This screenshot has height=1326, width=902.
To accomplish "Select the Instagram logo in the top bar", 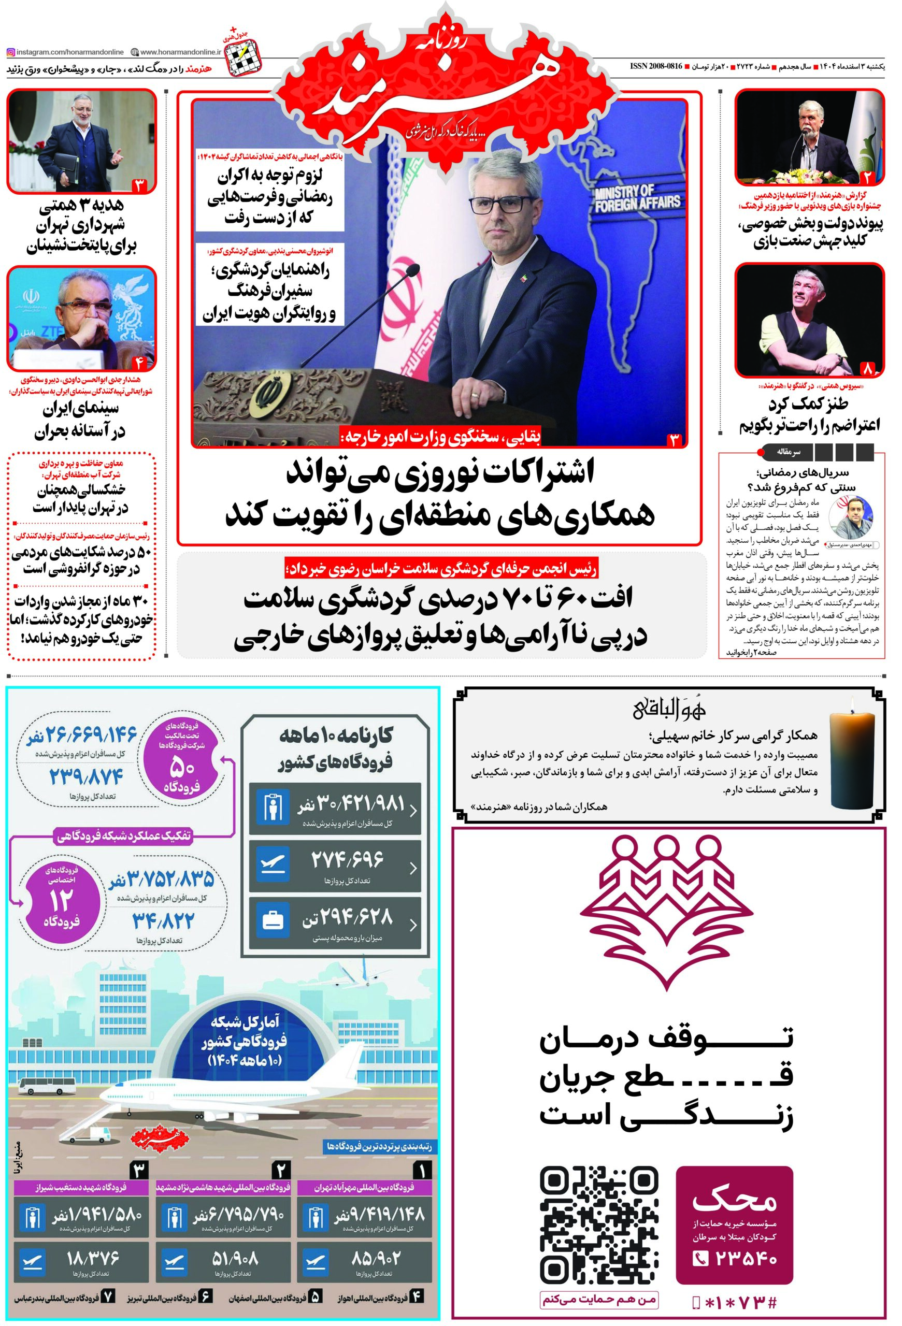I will click(x=11, y=52).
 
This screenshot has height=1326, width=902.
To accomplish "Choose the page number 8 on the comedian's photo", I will click(x=868, y=369).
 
